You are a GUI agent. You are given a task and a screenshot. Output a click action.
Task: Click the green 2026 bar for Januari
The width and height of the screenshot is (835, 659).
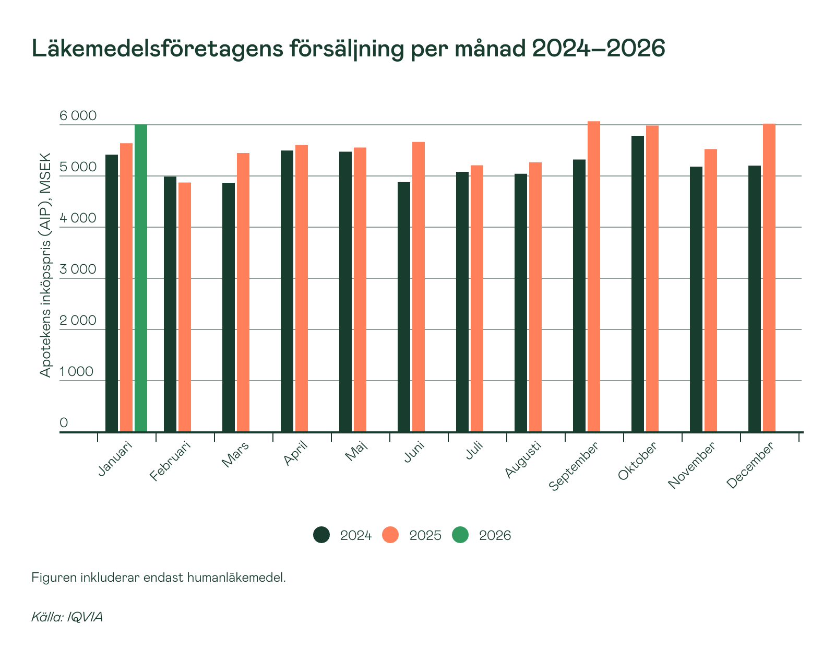click(x=141, y=278)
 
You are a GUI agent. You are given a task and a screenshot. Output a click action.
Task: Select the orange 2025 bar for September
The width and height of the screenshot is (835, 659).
click(x=594, y=276)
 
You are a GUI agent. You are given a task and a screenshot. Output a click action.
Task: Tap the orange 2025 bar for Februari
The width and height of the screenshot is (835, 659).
click(x=185, y=307)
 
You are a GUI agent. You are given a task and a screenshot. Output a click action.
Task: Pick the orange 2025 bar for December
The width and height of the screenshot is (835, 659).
click(x=769, y=277)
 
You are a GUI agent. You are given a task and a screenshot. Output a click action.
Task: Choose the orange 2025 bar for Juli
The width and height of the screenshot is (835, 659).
click(x=477, y=298)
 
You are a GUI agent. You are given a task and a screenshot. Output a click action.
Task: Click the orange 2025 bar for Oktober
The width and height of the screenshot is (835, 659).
click(x=652, y=278)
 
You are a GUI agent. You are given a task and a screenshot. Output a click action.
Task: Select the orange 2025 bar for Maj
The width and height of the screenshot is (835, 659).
click(x=360, y=289)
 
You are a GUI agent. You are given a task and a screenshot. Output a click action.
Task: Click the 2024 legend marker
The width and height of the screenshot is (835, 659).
click(x=321, y=535)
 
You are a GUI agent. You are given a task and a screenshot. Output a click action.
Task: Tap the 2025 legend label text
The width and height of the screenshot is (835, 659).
click(x=425, y=536)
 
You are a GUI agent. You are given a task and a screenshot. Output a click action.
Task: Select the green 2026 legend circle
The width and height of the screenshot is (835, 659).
click(x=460, y=535)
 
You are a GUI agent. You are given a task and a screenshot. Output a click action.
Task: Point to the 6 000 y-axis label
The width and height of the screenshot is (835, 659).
click(x=78, y=115)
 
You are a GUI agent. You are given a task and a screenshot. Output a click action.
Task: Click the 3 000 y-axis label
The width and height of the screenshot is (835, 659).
click(x=78, y=269)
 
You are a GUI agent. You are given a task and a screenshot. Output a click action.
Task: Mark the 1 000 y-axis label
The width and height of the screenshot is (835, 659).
click(x=77, y=371)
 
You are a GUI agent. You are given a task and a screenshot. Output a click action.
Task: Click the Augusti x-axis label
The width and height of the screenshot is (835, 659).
click(x=523, y=460)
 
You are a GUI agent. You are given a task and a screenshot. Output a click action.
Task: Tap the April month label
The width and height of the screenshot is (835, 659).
click(x=296, y=453)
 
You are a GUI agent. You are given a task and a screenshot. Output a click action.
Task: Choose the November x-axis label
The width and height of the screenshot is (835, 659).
click(x=692, y=465)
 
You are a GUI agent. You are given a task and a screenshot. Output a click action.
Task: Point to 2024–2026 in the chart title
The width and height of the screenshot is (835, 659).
click(x=598, y=49)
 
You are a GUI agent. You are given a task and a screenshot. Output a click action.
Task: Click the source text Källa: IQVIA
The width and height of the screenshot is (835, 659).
click(x=67, y=617)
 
